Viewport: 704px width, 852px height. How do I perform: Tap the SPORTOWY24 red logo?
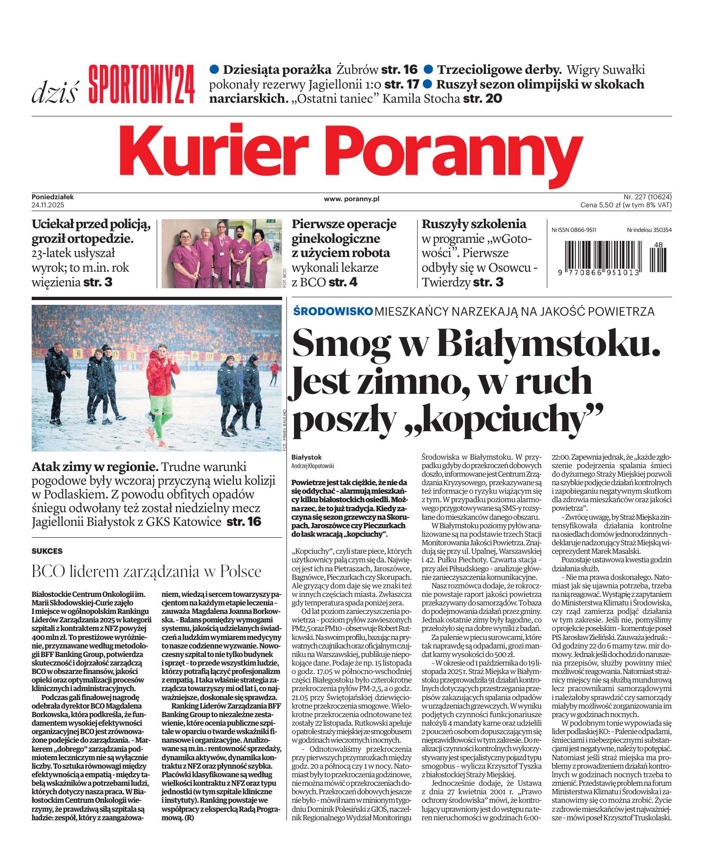pos(142,84)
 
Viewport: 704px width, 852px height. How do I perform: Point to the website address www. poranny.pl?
pos(352,199)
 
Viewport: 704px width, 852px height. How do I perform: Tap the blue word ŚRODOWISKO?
pos(333,311)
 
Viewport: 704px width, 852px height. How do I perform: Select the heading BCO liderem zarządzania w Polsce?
pos(146,571)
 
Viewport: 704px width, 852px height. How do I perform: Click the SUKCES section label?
pos(47,551)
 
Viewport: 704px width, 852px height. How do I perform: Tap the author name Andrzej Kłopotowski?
pos(313,466)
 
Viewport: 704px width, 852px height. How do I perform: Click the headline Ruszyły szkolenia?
pos(473,224)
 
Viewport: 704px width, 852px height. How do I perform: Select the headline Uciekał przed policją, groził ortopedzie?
pos(91,231)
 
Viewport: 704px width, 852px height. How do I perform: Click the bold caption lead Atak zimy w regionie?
pos(95,467)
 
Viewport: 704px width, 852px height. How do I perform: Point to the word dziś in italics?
pos(54,93)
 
